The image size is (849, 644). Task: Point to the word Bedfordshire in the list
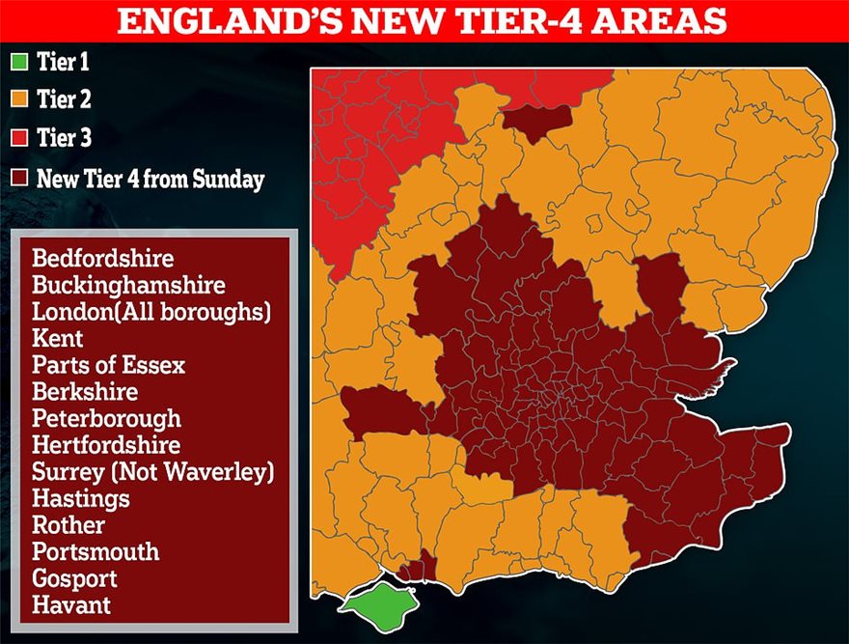pyautogui.click(x=102, y=259)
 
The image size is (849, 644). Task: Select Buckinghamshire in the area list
pyautogui.click(x=127, y=286)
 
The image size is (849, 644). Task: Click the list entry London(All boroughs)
pyautogui.click(x=151, y=312)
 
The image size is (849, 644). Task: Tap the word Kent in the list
pyautogui.click(x=57, y=339)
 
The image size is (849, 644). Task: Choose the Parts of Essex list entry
pyautogui.click(x=108, y=366)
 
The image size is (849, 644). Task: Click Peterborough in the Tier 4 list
pyautogui.click(x=106, y=419)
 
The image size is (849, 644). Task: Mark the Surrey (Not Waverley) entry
pyautogui.click(x=152, y=472)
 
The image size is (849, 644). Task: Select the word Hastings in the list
pyautogui.click(x=80, y=499)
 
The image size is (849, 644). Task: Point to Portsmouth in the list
pyautogui.click(x=95, y=552)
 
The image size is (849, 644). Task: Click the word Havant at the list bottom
pyautogui.click(x=71, y=605)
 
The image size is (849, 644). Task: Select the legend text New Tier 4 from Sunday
pyautogui.click(x=150, y=179)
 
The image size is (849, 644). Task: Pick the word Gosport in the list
pyautogui.click(x=74, y=578)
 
